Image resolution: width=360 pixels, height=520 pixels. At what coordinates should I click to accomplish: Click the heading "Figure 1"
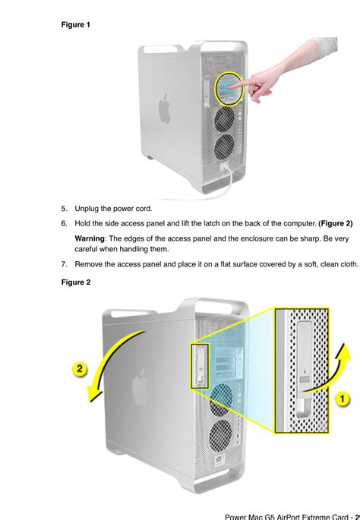(x=75, y=24)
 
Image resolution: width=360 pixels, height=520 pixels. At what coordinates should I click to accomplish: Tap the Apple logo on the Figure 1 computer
(x=164, y=109)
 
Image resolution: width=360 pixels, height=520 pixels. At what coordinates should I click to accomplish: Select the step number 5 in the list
(x=64, y=208)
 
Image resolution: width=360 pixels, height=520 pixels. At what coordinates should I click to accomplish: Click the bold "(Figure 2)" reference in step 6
(x=335, y=223)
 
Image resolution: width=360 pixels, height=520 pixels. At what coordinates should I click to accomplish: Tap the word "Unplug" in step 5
(x=88, y=208)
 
